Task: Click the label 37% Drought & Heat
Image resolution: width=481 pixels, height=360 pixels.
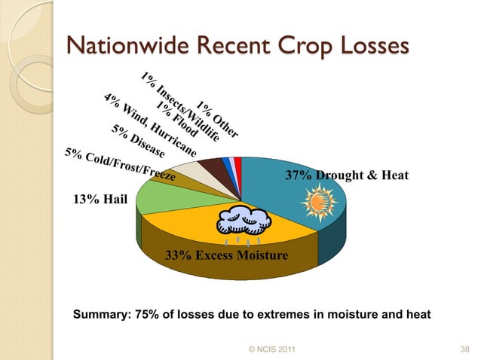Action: (346, 175)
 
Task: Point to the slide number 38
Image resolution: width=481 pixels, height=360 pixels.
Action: (464, 349)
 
